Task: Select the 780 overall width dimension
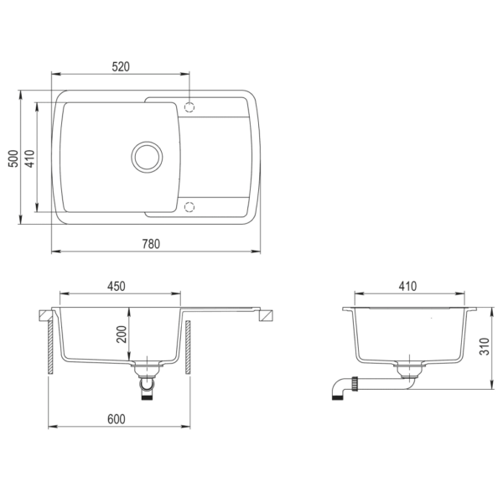pyautogui.click(x=151, y=244)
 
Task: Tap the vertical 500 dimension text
pyautogui.click(x=13, y=158)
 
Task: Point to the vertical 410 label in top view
pyautogui.click(x=29, y=158)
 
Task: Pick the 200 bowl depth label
pyautogui.click(x=122, y=335)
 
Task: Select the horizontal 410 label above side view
pyautogui.click(x=407, y=286)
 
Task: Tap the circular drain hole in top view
pyautogui.click(x=148, y=156)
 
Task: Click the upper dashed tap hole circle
pyautogui.click(x=189, y=107)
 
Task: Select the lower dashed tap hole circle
pyautogui.click(x=189, y=205)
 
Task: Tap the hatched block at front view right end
pyautogui.click(x=267, y=316)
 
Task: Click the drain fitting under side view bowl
pyautogui.click(x=408, y=370)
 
